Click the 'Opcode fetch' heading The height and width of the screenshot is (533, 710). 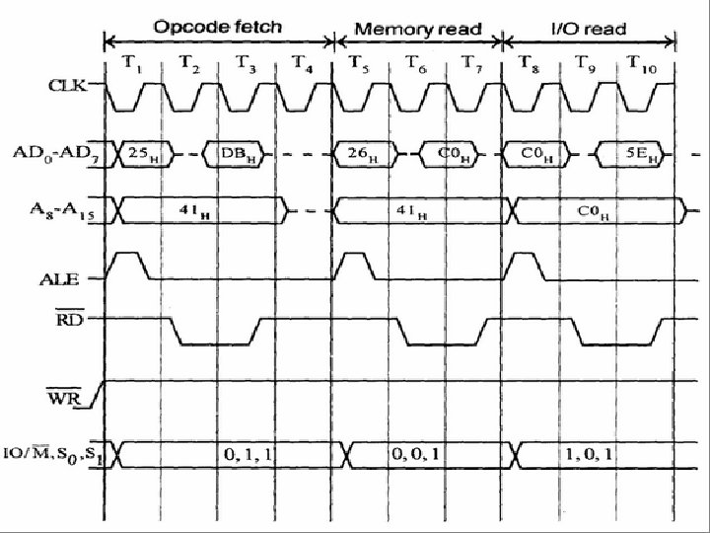(216, 28)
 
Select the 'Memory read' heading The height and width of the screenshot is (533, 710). (418, 29)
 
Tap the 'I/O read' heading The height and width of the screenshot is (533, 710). (588, 29)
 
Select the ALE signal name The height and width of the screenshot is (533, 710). (74, 279)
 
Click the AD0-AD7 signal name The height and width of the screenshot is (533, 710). (59, 155)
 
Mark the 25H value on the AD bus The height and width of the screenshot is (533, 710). (146, 155)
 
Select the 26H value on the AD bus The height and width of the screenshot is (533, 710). (359, 155)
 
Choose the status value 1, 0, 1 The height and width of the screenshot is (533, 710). (590, 453)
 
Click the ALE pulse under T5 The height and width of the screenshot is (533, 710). (356, 265)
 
